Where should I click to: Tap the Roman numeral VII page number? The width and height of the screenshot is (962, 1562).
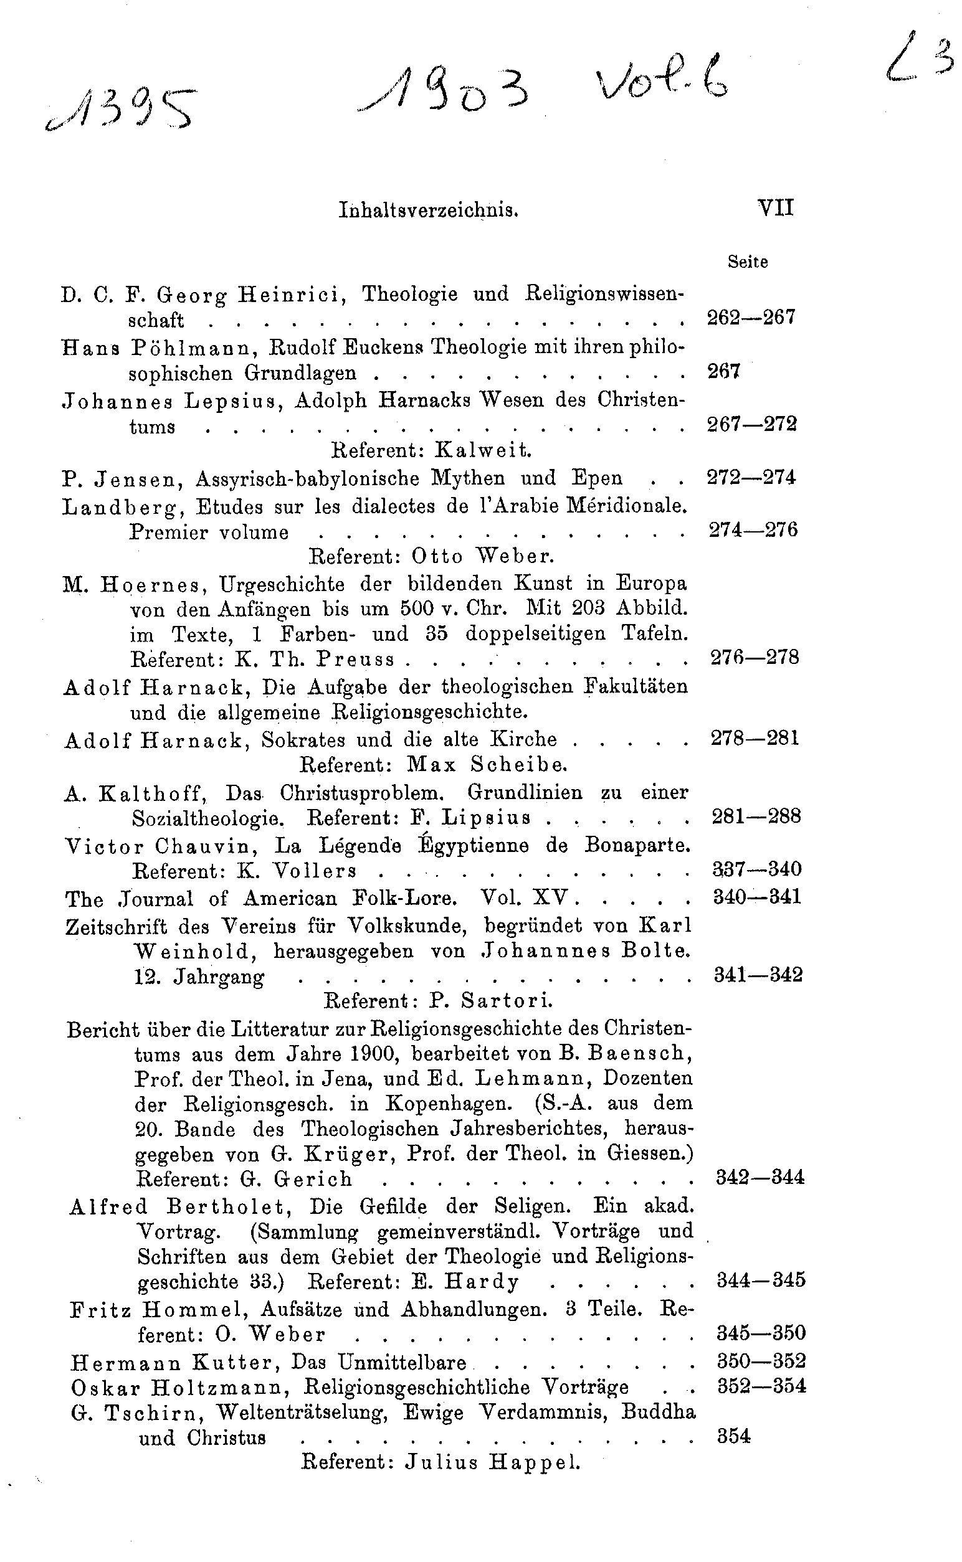776,208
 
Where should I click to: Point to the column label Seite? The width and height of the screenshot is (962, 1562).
748,262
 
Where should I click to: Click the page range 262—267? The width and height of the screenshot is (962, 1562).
751,317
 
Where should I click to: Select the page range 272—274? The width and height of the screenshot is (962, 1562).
751,477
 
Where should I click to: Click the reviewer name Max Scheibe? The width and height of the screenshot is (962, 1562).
487,763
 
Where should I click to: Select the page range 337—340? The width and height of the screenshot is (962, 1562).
757,869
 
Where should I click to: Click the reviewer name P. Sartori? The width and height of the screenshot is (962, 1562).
490,1000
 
